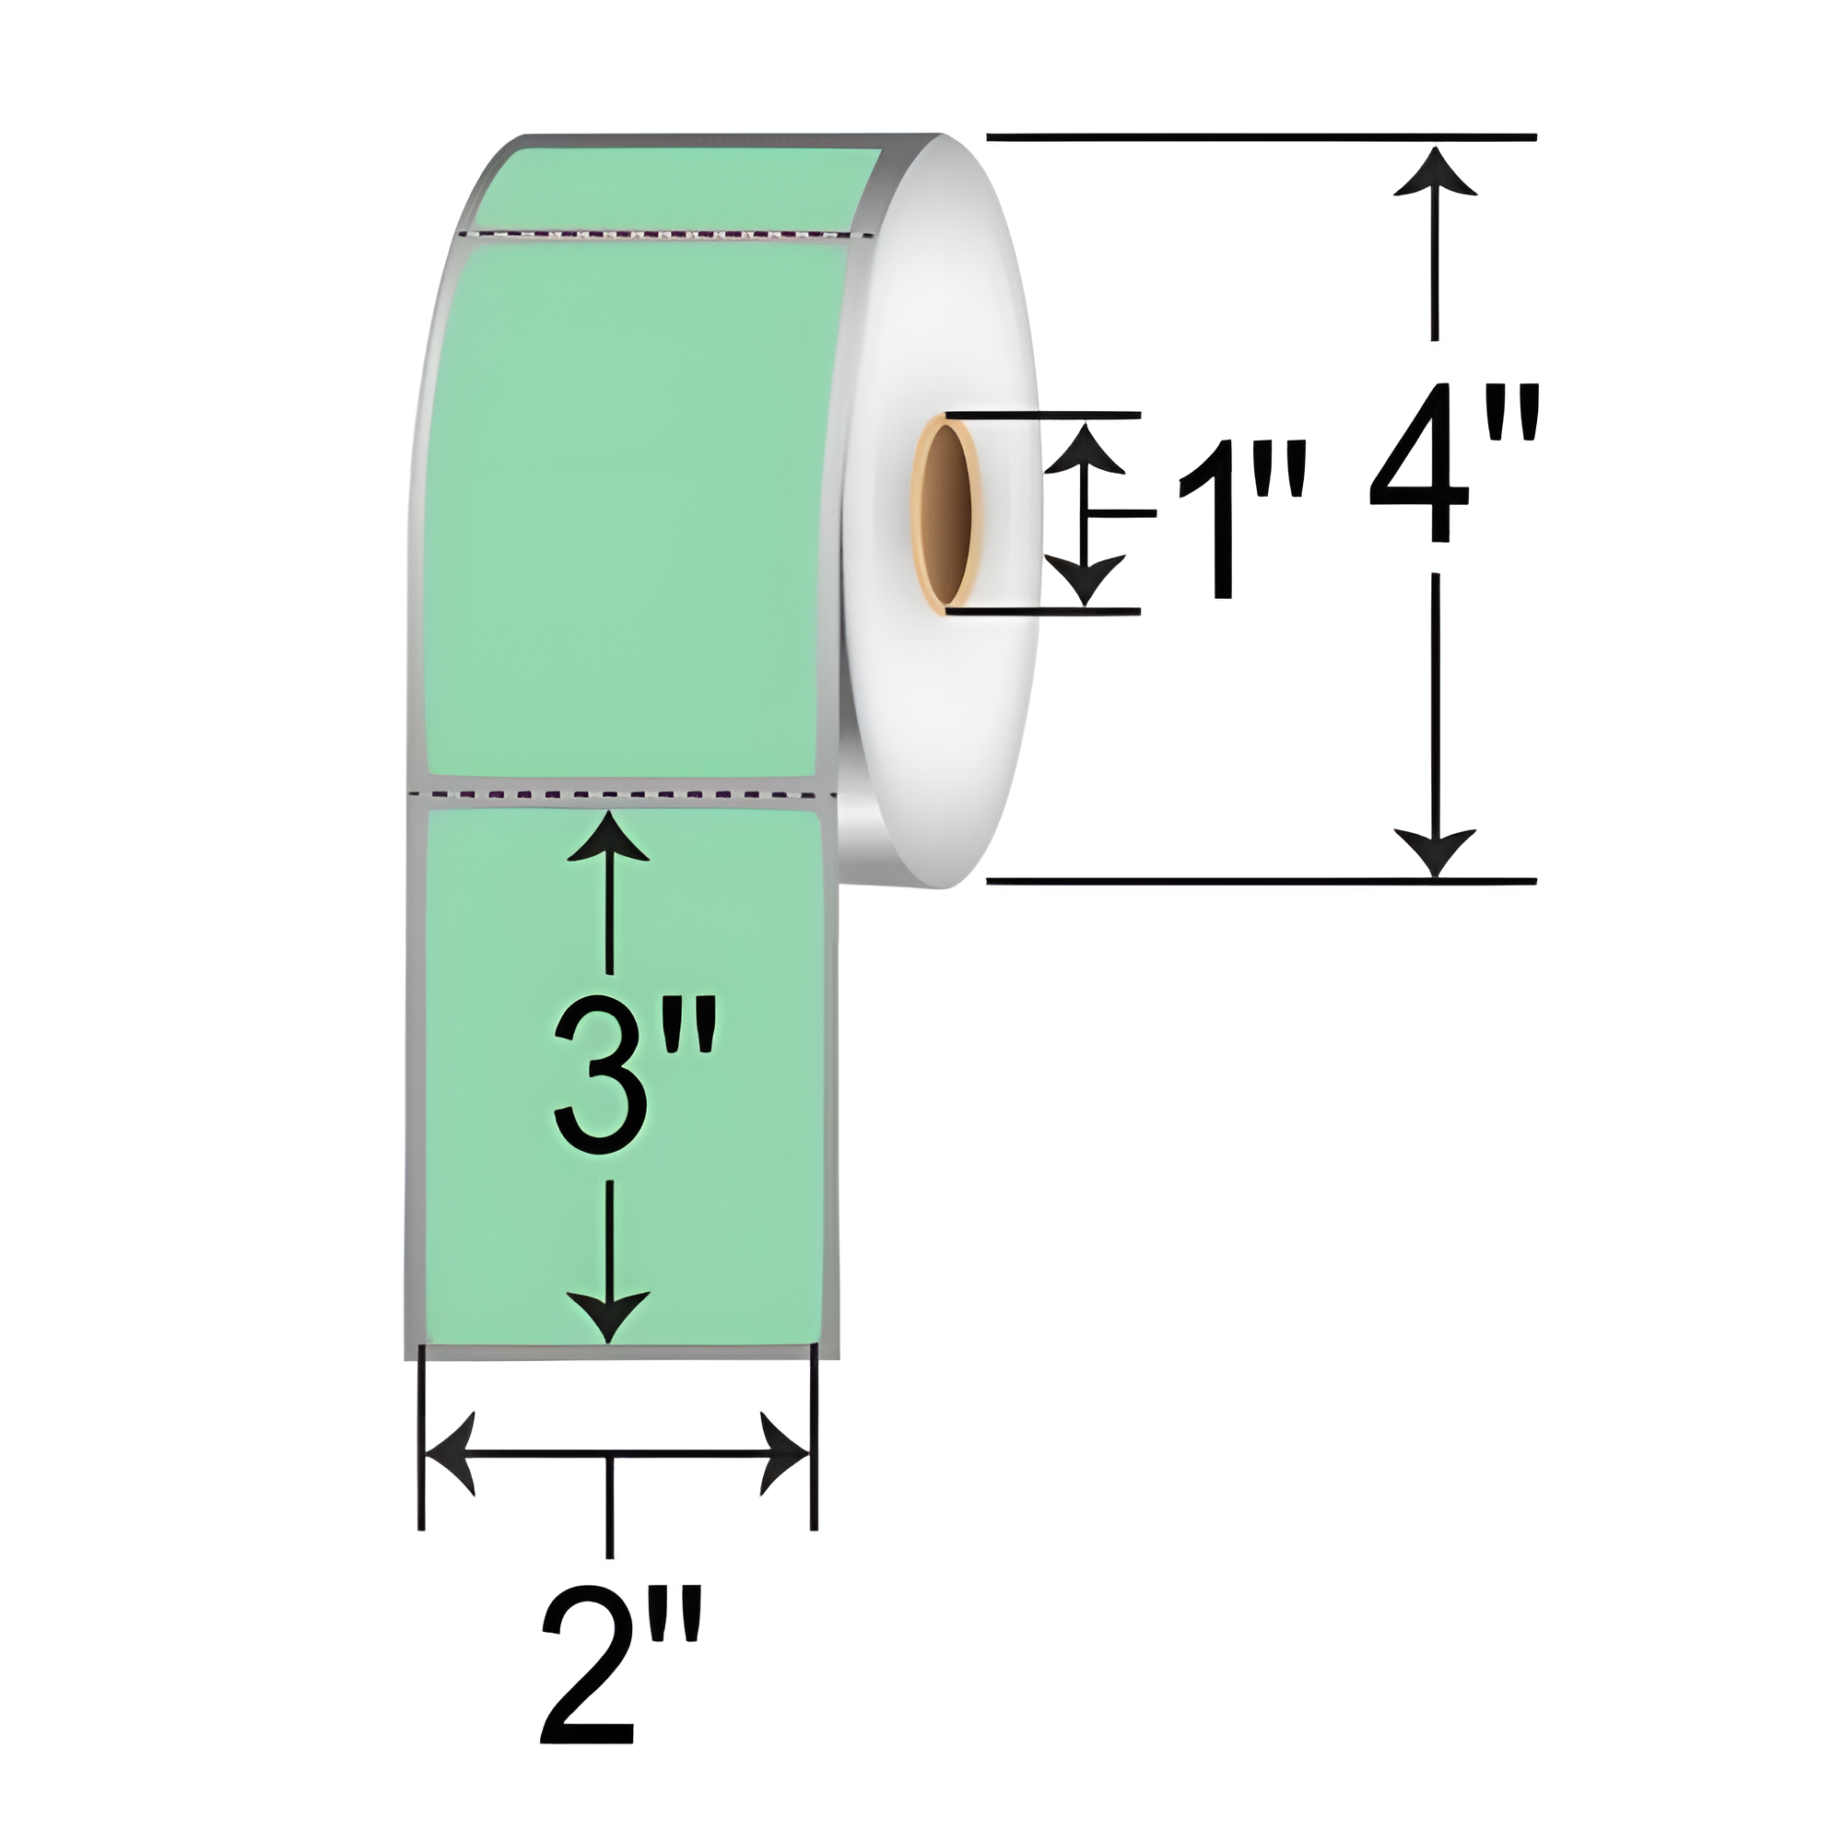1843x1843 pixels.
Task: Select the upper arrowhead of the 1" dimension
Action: (x=1085, y=449)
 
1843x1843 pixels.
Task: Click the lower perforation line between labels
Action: (x=620, y=793)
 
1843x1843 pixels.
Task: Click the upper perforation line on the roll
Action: (x=668, y=232)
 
